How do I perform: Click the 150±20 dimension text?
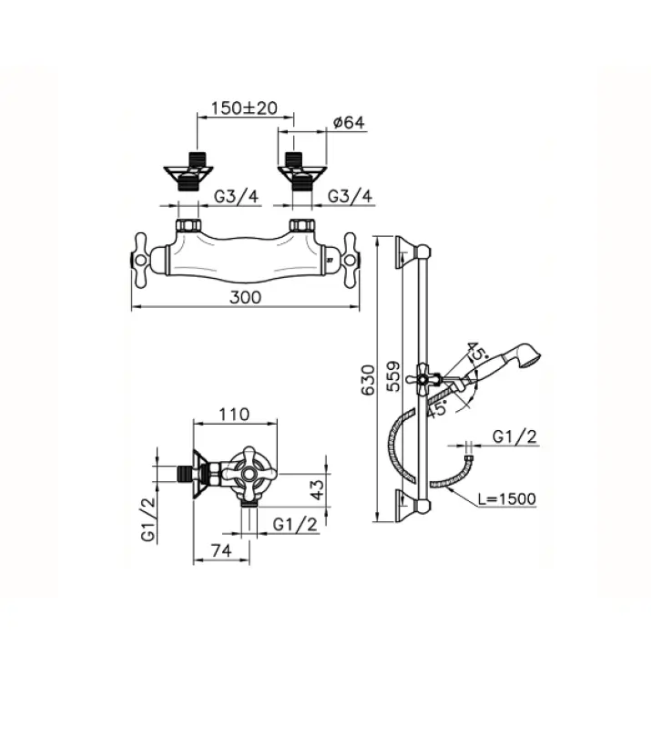[x=243, y=108]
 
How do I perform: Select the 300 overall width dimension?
[x=245, y=297]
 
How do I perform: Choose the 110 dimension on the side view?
[x=235, y=414]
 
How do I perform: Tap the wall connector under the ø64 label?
[x=297, y=170]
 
